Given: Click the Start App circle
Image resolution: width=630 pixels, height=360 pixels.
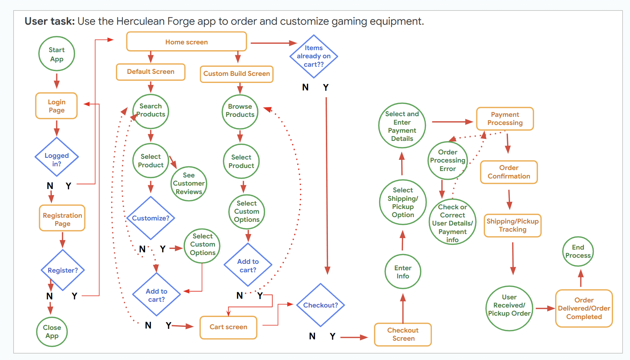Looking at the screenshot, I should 57,54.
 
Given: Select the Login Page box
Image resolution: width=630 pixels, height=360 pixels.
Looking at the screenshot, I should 57,106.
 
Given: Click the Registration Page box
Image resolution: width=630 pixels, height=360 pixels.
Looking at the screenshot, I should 62,218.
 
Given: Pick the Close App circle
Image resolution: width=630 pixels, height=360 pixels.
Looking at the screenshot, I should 52,332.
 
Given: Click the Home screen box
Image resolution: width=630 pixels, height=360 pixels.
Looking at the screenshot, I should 186,42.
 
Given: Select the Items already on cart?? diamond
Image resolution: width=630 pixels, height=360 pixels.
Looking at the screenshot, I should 314,56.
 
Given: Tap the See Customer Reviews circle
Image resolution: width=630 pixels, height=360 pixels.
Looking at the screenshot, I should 189,184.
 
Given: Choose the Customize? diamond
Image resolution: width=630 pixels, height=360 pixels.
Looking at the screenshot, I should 150,218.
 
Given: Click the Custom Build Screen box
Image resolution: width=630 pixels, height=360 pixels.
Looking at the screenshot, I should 236,74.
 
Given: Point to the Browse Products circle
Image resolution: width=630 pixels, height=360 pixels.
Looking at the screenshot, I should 240,111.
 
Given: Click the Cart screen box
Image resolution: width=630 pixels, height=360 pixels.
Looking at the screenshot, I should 228,327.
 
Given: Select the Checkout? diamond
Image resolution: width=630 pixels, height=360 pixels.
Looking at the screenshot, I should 320,305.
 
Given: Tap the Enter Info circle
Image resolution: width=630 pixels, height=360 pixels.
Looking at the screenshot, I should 403,272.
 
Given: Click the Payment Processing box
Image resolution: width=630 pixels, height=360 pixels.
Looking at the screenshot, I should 505,119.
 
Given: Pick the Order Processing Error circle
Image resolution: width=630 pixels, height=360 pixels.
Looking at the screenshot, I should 447,161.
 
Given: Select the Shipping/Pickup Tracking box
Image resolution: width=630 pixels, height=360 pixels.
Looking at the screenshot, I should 512,226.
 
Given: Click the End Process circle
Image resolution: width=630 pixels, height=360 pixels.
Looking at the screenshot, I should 578,252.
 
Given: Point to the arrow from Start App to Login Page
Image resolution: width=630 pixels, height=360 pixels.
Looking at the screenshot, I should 57,81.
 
